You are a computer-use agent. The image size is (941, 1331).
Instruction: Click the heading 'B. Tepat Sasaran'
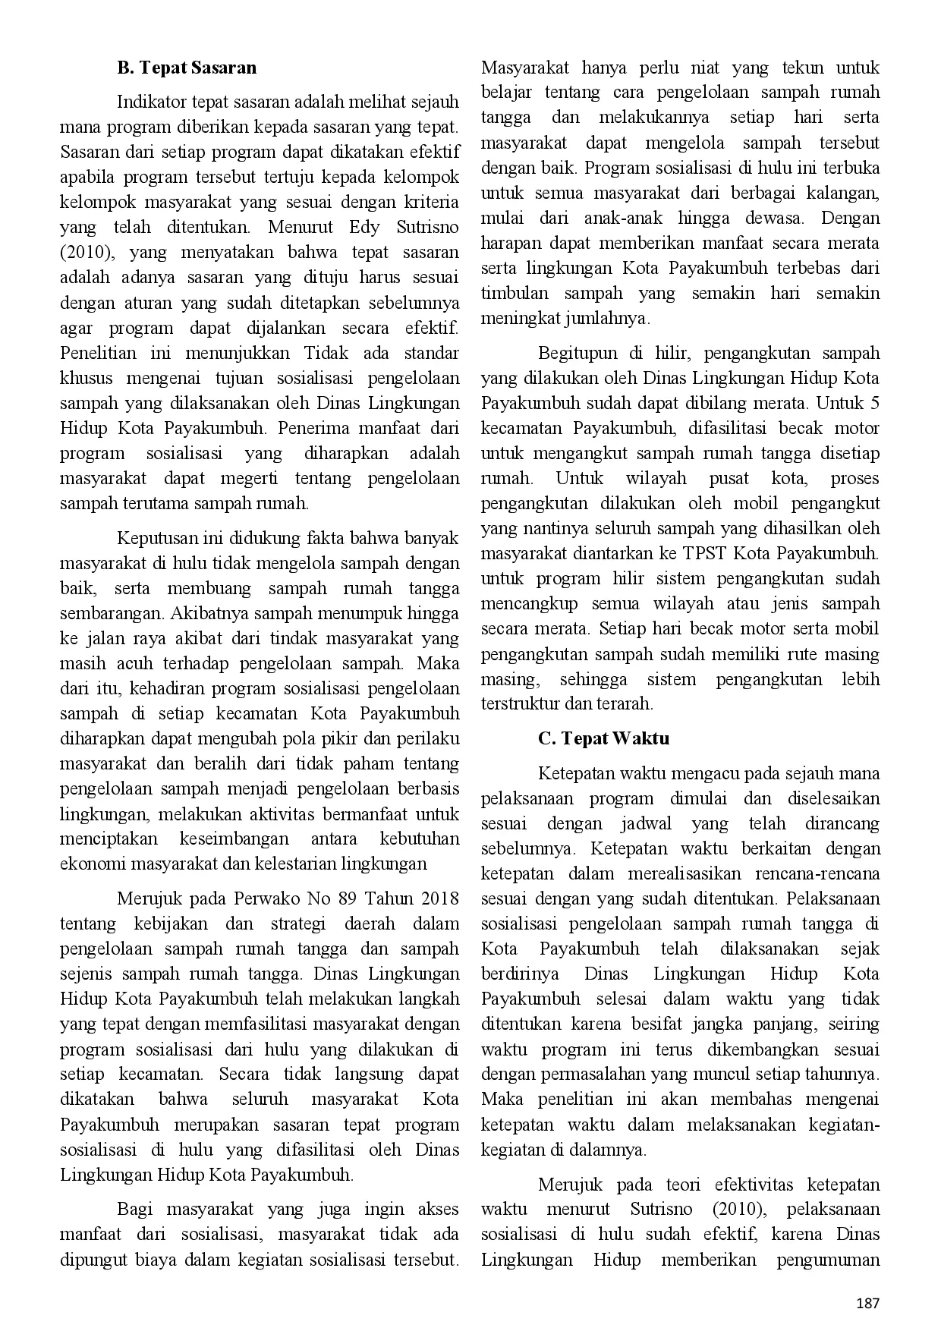[187, 68]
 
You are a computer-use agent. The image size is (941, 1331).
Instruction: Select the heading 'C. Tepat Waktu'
[603, 738]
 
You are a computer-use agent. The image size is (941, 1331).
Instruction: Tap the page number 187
[867, 1304]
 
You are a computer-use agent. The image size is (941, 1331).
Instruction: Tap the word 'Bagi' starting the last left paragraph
[135, 1210]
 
